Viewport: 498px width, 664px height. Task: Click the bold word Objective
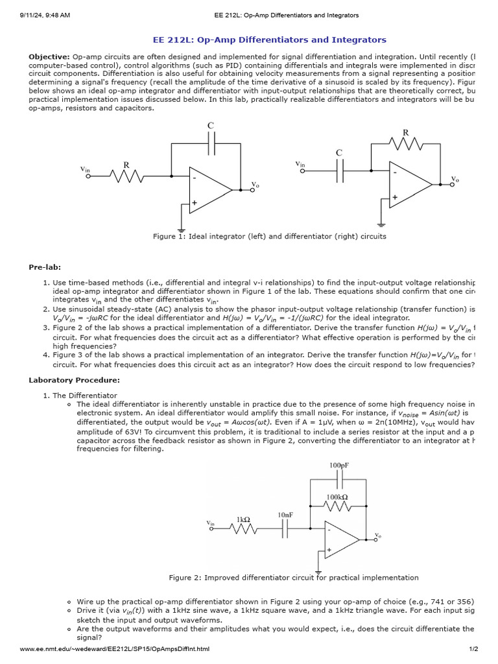click(x=49, y=57)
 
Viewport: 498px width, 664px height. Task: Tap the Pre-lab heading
click(x=44, y=267)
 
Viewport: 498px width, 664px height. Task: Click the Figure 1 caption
click(x=269, y=236)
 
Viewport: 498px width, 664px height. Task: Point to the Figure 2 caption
click(x=293, y=577)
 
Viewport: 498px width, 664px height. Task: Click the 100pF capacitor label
click(x=339, y=466)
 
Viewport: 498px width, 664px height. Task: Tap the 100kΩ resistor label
click(x=337, y=497)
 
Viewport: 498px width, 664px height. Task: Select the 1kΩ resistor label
click(x=244, y=519)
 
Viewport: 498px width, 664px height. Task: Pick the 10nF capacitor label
click(x=285, y=515)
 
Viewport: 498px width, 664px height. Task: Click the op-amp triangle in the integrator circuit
click(x=208, y=189)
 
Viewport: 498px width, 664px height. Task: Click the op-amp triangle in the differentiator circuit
click(x=409, y=185)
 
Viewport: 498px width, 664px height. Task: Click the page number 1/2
click(x=473, y=649)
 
